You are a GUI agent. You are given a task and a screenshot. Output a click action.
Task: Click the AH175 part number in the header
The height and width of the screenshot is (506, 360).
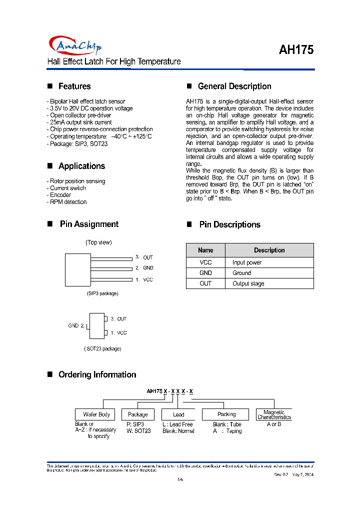tap(296, 50)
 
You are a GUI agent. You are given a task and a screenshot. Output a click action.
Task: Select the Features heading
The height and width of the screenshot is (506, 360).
tap(74, 86)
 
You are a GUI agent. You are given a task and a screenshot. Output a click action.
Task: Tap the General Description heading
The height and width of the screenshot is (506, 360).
tap(234, 86)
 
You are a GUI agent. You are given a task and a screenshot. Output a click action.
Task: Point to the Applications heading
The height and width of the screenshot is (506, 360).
tap(81, 166)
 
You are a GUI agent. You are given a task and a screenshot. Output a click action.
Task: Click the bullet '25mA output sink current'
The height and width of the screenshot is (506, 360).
tap(79, 122)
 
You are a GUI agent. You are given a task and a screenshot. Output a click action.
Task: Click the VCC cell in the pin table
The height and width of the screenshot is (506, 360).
tap(205, 262)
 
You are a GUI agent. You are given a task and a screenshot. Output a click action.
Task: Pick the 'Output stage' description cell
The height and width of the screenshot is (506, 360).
tap(248, 283)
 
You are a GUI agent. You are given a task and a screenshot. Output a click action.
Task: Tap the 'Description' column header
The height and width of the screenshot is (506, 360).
tap(269, 250)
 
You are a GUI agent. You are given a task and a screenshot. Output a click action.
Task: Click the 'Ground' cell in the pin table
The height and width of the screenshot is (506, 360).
tap(241, 273)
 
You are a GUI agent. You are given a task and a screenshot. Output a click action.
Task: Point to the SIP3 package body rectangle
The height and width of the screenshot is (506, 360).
tap(77, 269)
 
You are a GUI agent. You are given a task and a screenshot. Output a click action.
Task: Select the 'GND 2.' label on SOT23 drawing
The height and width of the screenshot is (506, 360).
tap(76, 325)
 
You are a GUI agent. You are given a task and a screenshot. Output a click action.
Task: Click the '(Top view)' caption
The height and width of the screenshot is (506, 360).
tap(98, 242)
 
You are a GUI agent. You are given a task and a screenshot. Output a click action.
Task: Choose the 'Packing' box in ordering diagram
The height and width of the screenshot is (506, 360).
tap(226, 414)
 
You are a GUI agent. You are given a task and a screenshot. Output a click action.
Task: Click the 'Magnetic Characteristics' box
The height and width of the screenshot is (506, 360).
tap(273, 414)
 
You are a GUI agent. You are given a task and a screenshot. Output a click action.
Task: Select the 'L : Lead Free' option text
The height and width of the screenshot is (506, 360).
tap(177, 424)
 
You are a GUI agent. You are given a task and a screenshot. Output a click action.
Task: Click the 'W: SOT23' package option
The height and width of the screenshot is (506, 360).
tap(139, 431)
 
